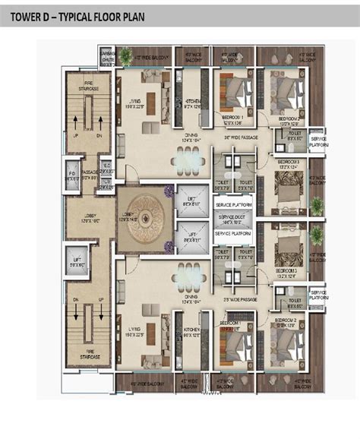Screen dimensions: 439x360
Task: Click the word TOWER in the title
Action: point(29,17)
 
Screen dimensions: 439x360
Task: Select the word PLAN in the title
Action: point(166,17)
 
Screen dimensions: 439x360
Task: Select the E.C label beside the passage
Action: point(108,172)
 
